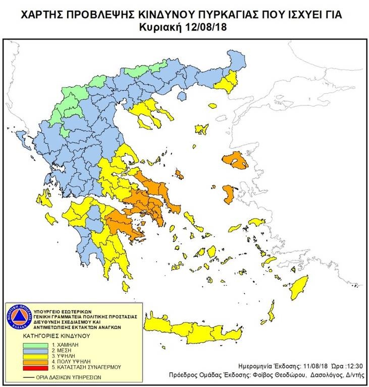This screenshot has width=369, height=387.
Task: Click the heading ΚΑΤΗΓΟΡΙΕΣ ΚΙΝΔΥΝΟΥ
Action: (56, 334)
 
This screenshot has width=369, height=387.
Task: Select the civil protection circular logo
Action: (18, 317)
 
